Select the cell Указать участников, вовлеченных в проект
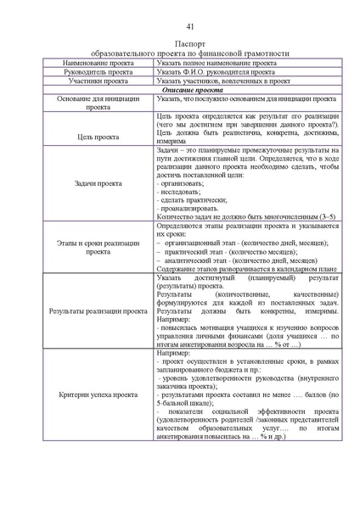pos(223,83)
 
